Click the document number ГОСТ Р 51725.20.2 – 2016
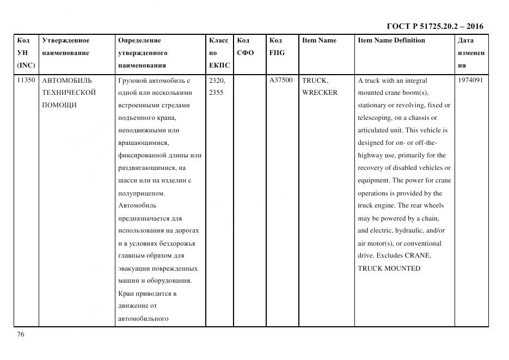tap(434, 26)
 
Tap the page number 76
tap(21, 334)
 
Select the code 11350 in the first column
tap(26, 80)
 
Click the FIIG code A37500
tap(281, 80)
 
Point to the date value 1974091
tap(471, 80)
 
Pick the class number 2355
tap(216, 93)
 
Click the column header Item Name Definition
tap(391, 40)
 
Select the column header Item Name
tap(319, 40)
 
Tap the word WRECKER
tap(320, 93)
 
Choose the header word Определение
tap(139, 40)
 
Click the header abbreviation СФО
tap(246, 53)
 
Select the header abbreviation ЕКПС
tap(219, 65)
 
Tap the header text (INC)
tap(26, 65)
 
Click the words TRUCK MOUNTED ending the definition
tap(389, 269)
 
